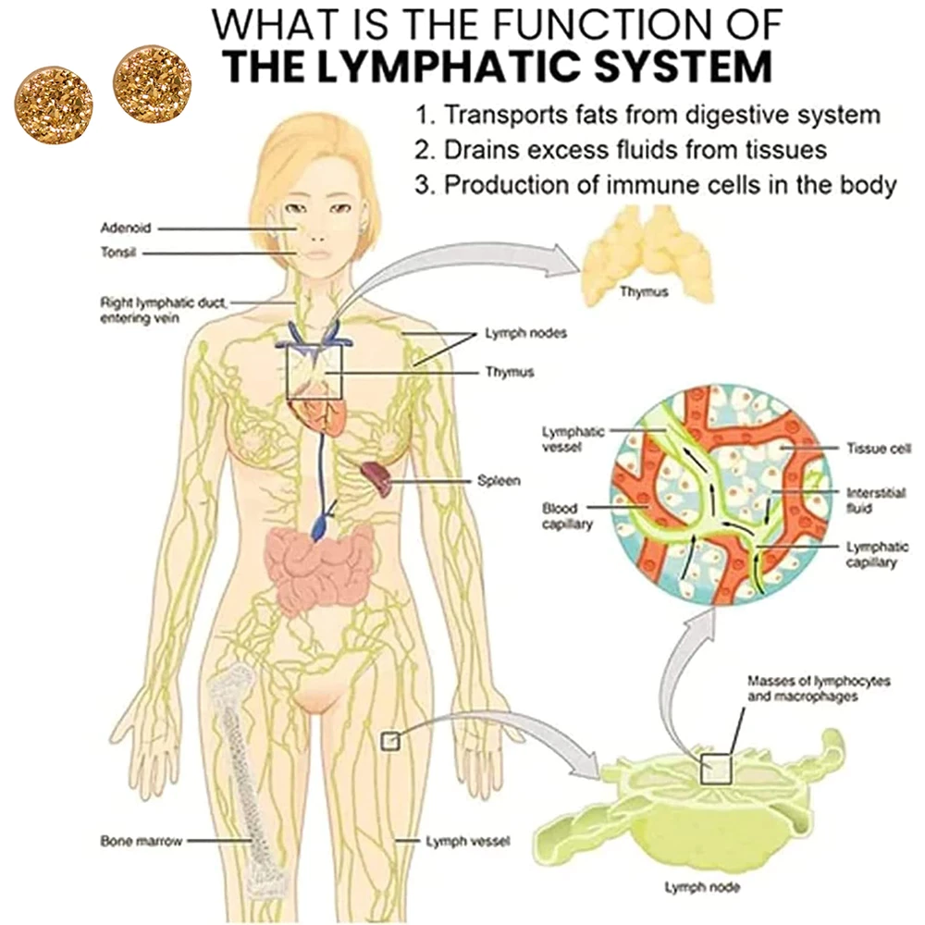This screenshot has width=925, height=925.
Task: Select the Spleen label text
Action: pyautogui.click(x=499, y=481)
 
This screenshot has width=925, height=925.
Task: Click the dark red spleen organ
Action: pyautogui.click(x=377, y=477)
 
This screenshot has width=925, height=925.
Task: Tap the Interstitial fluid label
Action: pyautogui.click(x=870, y=500)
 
